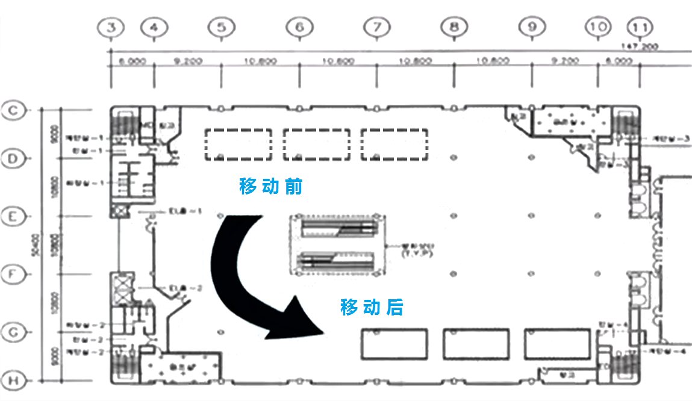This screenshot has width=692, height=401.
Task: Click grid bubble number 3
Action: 111,27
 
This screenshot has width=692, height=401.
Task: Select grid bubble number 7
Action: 377,27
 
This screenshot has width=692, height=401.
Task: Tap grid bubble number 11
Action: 640,27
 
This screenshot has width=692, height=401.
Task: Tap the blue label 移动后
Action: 372,308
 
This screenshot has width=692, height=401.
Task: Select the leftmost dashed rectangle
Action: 237,145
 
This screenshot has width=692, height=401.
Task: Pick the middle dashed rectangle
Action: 317,145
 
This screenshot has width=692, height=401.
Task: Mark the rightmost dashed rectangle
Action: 394,145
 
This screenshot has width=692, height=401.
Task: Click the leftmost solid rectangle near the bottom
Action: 394,343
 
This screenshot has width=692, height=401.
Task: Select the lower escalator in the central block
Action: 337,261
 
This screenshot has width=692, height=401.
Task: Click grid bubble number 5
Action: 222,27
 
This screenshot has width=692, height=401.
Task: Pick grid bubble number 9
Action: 532,27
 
